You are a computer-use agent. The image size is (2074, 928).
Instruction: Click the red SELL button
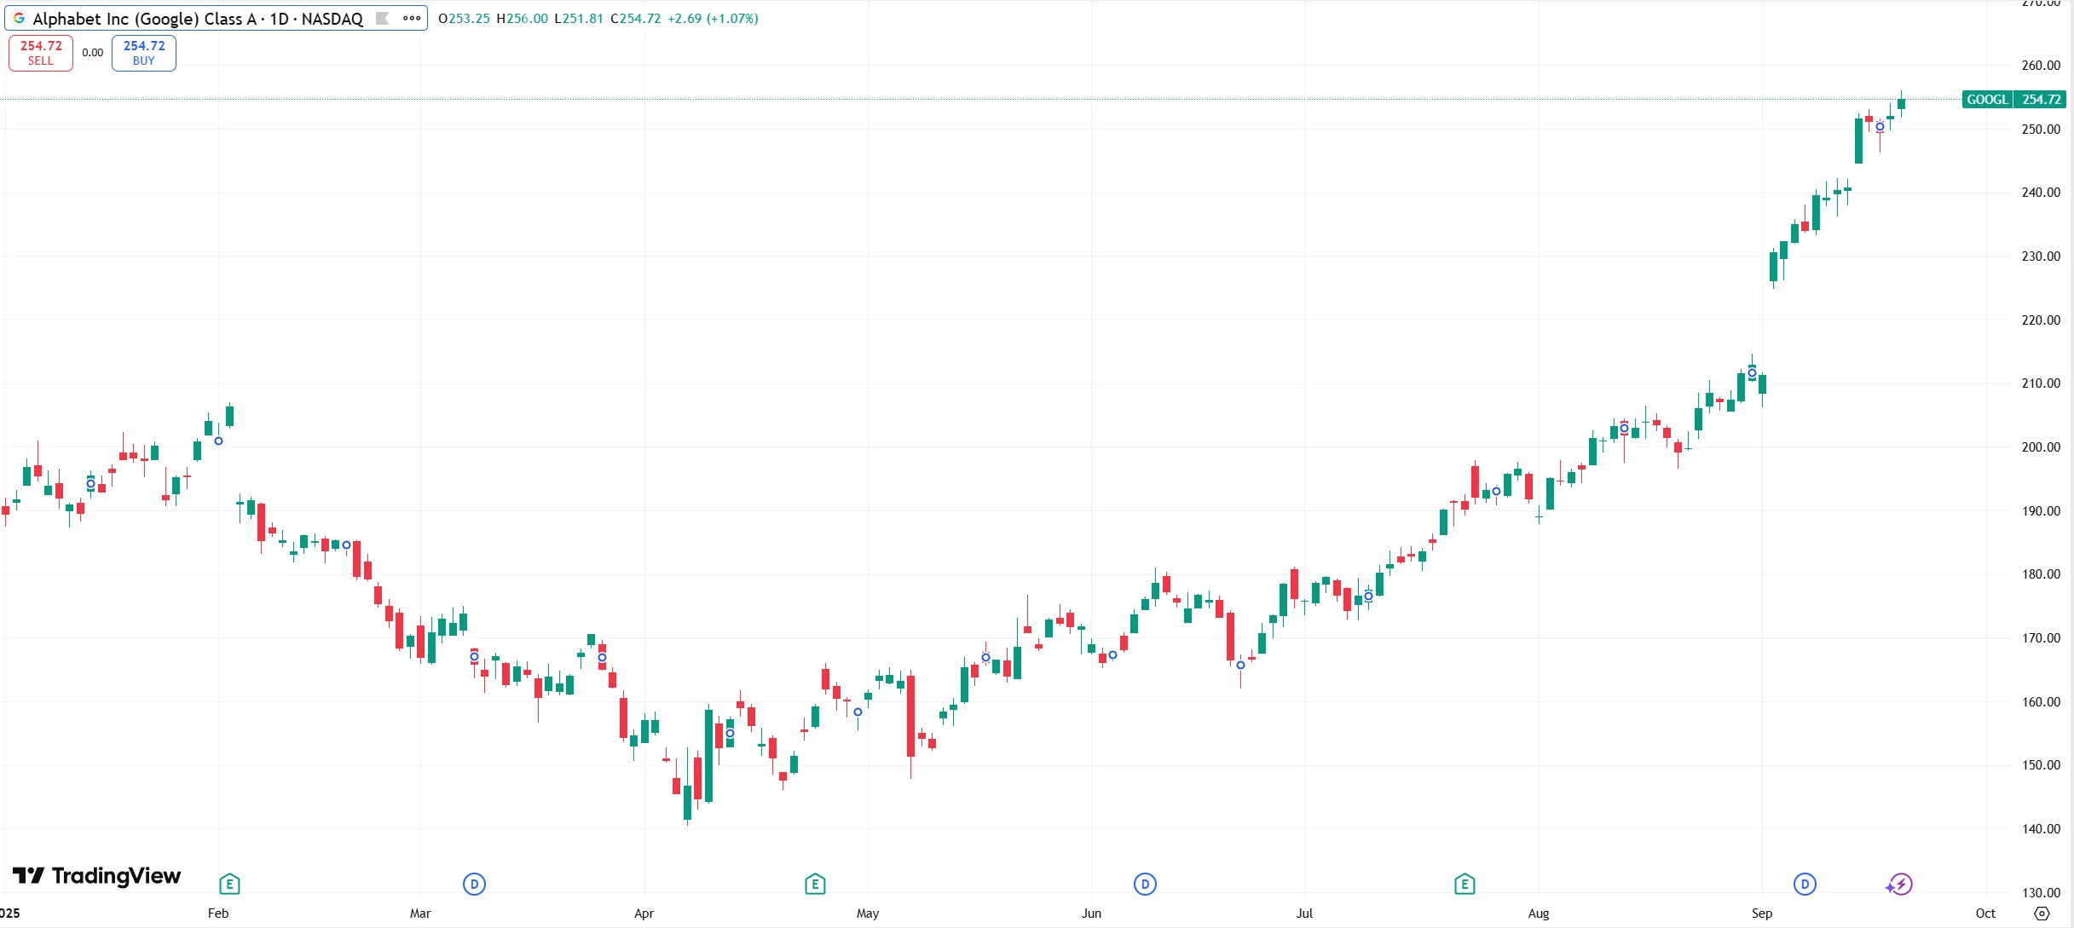point(40,53)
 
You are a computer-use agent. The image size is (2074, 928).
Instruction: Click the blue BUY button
point(144,53)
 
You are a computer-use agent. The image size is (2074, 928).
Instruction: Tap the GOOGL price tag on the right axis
point(2013,100)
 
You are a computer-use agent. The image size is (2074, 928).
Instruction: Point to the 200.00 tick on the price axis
point(2041,447)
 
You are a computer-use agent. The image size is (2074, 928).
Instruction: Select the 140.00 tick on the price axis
point(2041,829)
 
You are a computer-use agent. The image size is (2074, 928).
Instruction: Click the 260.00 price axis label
point(2041,66)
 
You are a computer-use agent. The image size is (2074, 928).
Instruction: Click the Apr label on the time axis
point(644,914)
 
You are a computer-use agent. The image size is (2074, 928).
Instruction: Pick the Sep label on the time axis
point(1762,914)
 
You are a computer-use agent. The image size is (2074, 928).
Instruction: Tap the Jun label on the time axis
point(1091,914)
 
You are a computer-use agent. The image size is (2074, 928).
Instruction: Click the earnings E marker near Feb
point(229,885)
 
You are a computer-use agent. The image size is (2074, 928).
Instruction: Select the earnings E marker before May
point(815,885)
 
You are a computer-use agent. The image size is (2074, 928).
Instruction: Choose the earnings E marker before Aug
point(1465,885)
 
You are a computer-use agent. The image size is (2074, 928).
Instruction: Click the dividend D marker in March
point(474,885)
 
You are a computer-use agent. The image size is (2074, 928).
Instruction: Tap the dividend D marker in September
point(1805,885)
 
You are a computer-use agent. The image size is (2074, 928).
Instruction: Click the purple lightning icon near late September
point(1900,885)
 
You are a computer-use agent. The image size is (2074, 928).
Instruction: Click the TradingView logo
point(96,876)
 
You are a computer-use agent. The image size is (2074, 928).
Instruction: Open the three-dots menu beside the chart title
point(412,18)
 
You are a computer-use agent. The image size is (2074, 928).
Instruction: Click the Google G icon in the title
point(19,18)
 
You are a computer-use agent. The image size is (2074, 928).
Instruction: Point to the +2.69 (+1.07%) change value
point(713,19)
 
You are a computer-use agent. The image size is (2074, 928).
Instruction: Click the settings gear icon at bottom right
point(2042,914)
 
